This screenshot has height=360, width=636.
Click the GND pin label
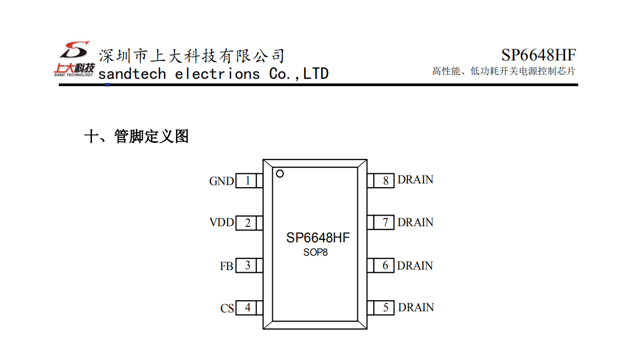point(221,181)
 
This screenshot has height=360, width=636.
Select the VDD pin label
point(221,222)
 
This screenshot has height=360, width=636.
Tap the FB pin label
point(226,266)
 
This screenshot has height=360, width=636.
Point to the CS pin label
point(227,309)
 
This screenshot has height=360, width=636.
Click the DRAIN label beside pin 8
point(415,180)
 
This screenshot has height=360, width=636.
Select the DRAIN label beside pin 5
point(416,307)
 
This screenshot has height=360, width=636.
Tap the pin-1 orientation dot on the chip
point(280,173)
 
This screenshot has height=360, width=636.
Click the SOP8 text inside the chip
point(316,252)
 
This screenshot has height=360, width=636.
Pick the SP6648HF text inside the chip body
point(318,238)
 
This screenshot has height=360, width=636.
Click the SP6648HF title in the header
point(538,55)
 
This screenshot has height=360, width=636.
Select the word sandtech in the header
point(132,74)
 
